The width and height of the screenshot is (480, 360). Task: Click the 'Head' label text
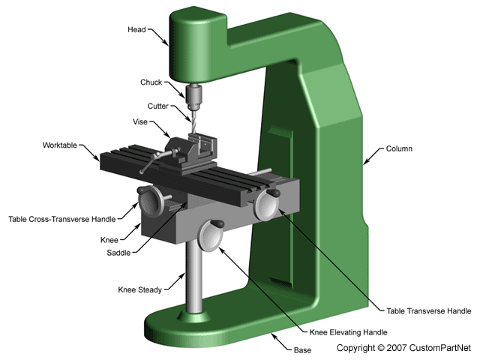[138, 30]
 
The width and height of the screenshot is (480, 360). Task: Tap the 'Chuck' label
[151, 82]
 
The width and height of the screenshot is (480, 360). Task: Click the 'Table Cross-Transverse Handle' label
[62, 219]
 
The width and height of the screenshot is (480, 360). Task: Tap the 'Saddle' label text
[121, 252]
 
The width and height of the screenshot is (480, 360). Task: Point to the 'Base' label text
[304, 349]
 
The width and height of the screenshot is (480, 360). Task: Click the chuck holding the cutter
[193, 95]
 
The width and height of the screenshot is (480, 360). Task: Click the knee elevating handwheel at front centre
[210, 238]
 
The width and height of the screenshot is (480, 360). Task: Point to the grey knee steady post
[193, 277]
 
